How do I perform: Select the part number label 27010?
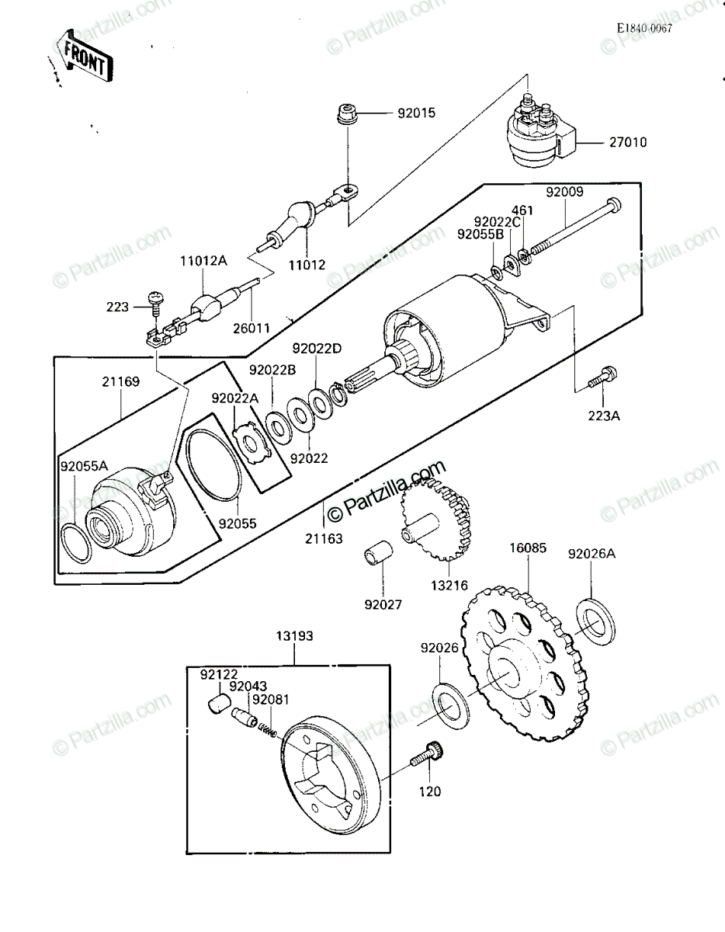click(x=628, y=142)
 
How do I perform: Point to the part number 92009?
click(x=564, y=192)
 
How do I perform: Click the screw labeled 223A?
click(x=601, y=377)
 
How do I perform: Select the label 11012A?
click(x=203, y=260)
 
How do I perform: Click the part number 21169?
click(x=120, y=381)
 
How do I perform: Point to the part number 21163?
click(x=324, y=538)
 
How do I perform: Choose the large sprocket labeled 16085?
click(x=522, y=662)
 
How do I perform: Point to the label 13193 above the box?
click(x=294, y=635)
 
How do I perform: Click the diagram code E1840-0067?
click(x=644, y=28)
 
